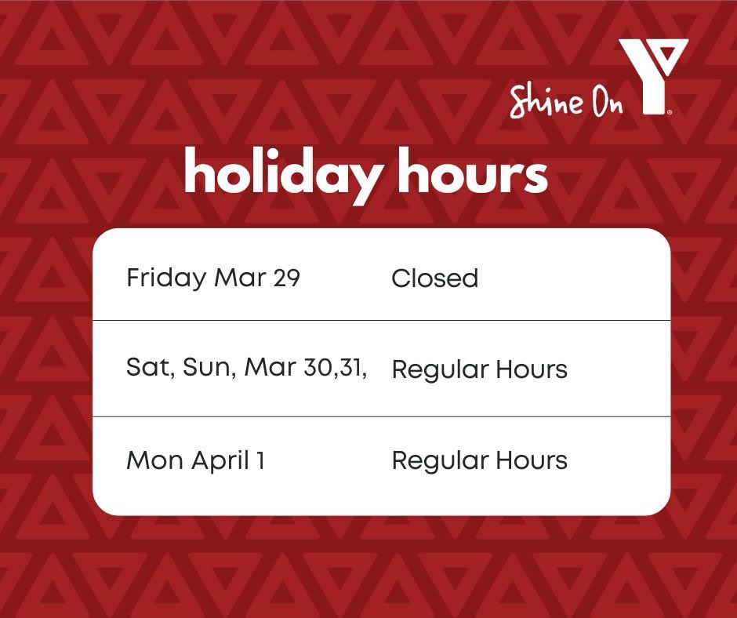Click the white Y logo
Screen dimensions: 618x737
[x=652, y=75]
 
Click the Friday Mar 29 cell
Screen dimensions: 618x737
[x=213, y=278]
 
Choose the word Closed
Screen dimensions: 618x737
[x=434, y=278]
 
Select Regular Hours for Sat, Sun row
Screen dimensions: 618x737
[x=479, y=370]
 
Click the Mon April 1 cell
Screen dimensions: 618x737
[x=195, y=460]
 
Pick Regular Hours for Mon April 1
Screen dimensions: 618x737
[x=479, y=460]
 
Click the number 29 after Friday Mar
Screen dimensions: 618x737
[x=287, y=278]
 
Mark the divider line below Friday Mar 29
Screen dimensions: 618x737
[x=381, y=320]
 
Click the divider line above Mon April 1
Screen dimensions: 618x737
[x=381, y=416]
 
